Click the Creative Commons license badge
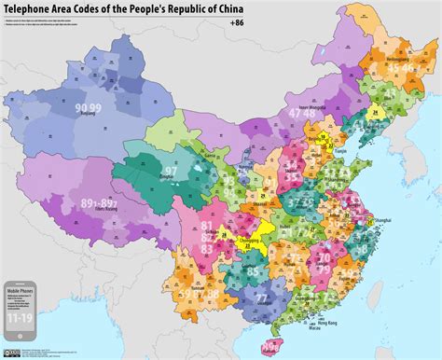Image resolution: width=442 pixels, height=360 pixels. (14, 351)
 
